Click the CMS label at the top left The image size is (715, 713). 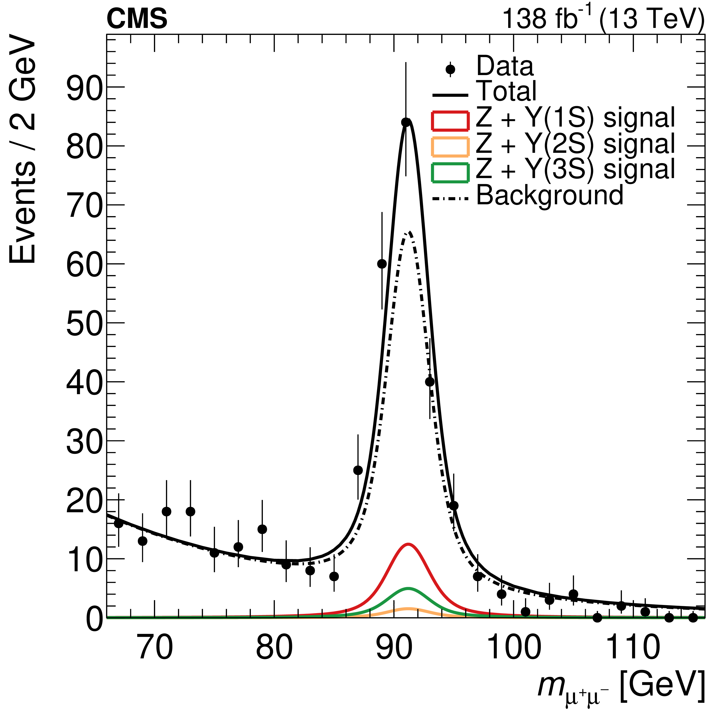137,19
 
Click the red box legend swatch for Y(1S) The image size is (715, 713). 450,121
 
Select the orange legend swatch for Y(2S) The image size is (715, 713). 450,147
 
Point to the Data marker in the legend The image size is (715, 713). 450,70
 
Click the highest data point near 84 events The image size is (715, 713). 406,122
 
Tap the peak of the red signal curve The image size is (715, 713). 408,544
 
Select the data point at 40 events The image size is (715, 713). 430,382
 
